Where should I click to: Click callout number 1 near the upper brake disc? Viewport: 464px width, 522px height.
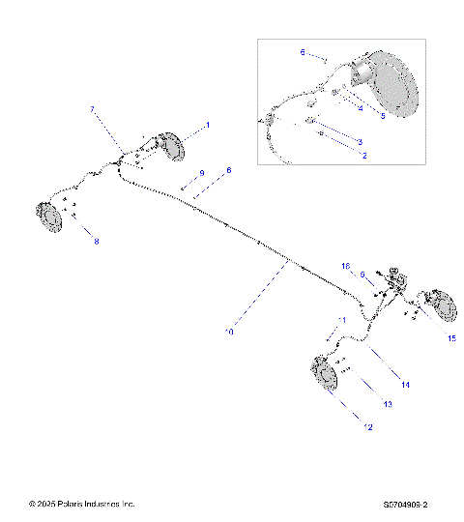(206, 127)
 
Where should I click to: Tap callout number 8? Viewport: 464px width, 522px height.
(96, 242)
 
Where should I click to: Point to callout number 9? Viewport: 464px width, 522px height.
(202, 173)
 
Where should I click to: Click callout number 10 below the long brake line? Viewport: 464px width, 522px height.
(228, 332)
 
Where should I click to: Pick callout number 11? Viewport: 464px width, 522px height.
(340, 320)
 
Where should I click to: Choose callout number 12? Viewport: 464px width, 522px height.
(365, 426)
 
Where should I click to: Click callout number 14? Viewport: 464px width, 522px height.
(406, 385)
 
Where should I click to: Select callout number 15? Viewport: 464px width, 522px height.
(450, 337)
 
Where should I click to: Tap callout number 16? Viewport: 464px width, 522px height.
(345, 265)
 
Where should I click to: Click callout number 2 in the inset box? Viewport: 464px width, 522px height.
(364, 155)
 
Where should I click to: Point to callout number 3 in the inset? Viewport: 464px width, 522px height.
(359, 142)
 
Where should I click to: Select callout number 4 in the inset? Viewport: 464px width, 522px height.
(360, 109)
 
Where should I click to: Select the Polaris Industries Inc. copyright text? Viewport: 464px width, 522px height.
(82, 505)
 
